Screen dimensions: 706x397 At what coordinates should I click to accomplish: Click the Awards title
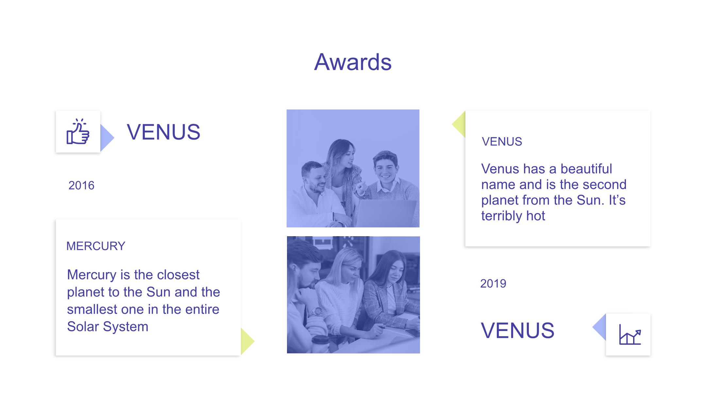pos(353,62)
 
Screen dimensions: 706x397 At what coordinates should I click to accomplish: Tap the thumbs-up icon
pos(78,131)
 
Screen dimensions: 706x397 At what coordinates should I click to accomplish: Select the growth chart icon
pos(630,334)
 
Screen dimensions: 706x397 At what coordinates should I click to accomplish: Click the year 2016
pos(81,186)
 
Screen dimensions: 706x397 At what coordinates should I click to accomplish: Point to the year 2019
pos(493,284)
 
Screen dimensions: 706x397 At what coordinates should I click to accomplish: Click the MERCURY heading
pos(96,246)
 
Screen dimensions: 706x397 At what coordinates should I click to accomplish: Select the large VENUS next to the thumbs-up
pos(163,132)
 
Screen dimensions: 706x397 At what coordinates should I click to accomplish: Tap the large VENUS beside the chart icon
pos(518,330)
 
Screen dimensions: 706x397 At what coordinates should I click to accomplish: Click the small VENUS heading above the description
pos(502,142)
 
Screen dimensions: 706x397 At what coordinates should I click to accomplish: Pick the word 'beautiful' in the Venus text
pos(586,169)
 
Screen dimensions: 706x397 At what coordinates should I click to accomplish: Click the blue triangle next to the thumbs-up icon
pos(107,138)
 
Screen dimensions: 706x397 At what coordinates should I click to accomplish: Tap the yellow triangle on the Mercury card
pos(247,341)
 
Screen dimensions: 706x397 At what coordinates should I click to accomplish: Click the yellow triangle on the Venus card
pos(459,124)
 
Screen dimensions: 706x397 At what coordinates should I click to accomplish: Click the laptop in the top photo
pos(386,213)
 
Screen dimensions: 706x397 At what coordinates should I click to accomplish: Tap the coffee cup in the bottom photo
pos(320,344)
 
